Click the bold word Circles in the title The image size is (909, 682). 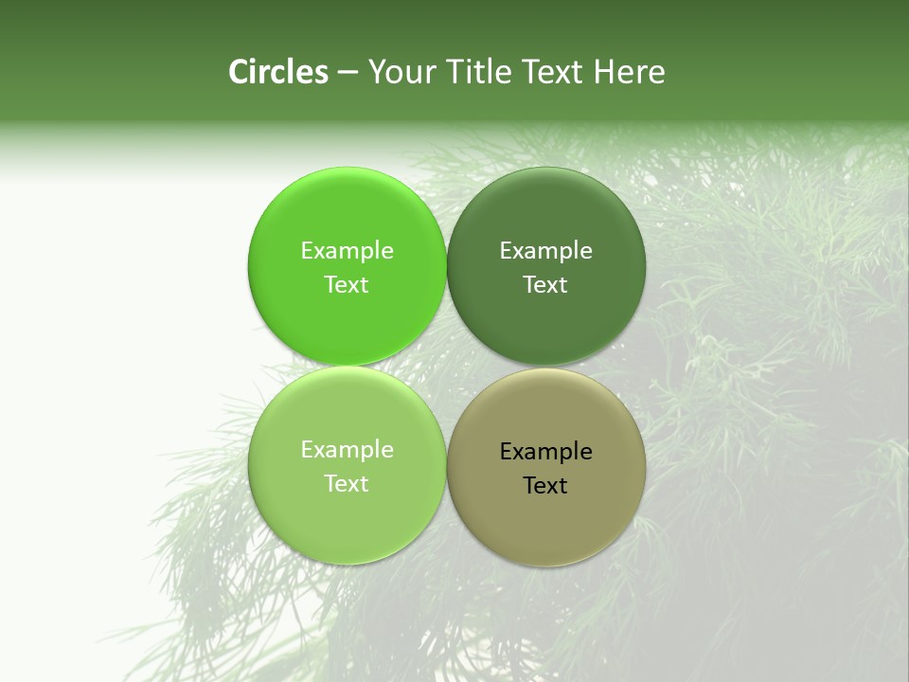(x=278, y=72)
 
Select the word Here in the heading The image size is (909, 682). (x=630, y=72)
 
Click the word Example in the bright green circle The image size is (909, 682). (x=347, y=250)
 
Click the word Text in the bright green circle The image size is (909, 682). (x=347, y=284)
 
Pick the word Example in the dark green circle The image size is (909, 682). (x=545, y=250)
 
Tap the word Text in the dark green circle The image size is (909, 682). (x=545, y=284)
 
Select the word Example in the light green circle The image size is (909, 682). (x=347, y=449)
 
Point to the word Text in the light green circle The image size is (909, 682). (x=347, y=483)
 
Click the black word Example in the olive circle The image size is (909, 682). (x=545, y=451)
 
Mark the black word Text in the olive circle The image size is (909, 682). (x=545, y=485)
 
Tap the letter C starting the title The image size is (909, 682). (x=239, y=72)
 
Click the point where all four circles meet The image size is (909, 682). (x=446, y=367)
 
